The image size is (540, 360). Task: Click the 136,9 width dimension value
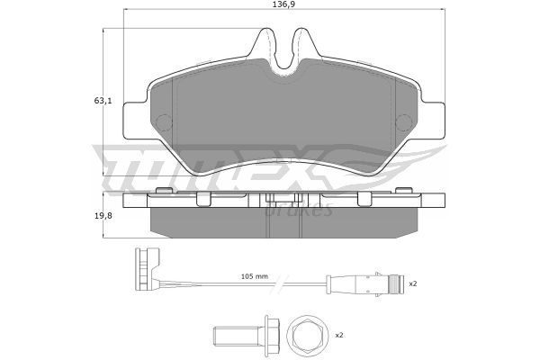tap(284, 4)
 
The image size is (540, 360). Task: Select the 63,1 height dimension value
tap(103, 101)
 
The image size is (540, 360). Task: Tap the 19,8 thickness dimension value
tap(103, 216)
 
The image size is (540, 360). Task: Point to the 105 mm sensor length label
tap(254, 276)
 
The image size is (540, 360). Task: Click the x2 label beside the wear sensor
tap(413, 283)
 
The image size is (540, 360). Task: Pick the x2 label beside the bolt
tap(339, 335)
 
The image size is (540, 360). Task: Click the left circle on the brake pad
tap(164, 122)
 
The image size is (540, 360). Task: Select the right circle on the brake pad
tap(404, 122)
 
